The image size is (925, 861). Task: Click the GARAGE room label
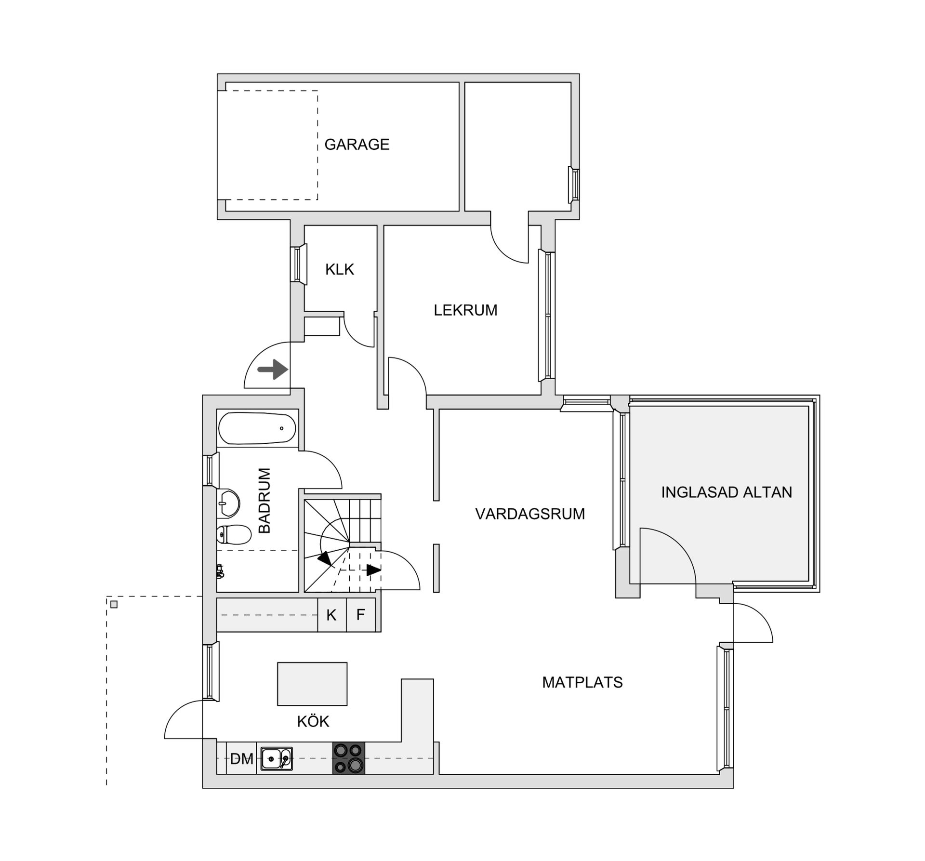coord(357,145)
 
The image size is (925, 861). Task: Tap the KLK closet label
coord(340,269)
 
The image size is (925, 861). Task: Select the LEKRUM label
coord(465,310)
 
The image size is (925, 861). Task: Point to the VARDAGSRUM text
coord(530,514)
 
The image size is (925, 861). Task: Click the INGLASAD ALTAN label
coord(727,492)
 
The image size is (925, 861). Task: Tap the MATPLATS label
coord(582,682)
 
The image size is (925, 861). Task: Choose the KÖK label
coord(313,721)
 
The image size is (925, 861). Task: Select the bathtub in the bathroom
coord(257,428)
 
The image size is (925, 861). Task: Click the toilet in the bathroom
coord(234,534)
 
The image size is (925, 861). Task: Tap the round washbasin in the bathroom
coord(229,503)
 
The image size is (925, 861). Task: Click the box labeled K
coord(331,615)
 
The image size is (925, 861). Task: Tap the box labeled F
coord(360,615)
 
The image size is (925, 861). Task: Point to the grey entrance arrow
coord(273,370)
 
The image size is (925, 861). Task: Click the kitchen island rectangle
coord(312,684)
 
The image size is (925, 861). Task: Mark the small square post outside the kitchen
coord(114,604)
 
